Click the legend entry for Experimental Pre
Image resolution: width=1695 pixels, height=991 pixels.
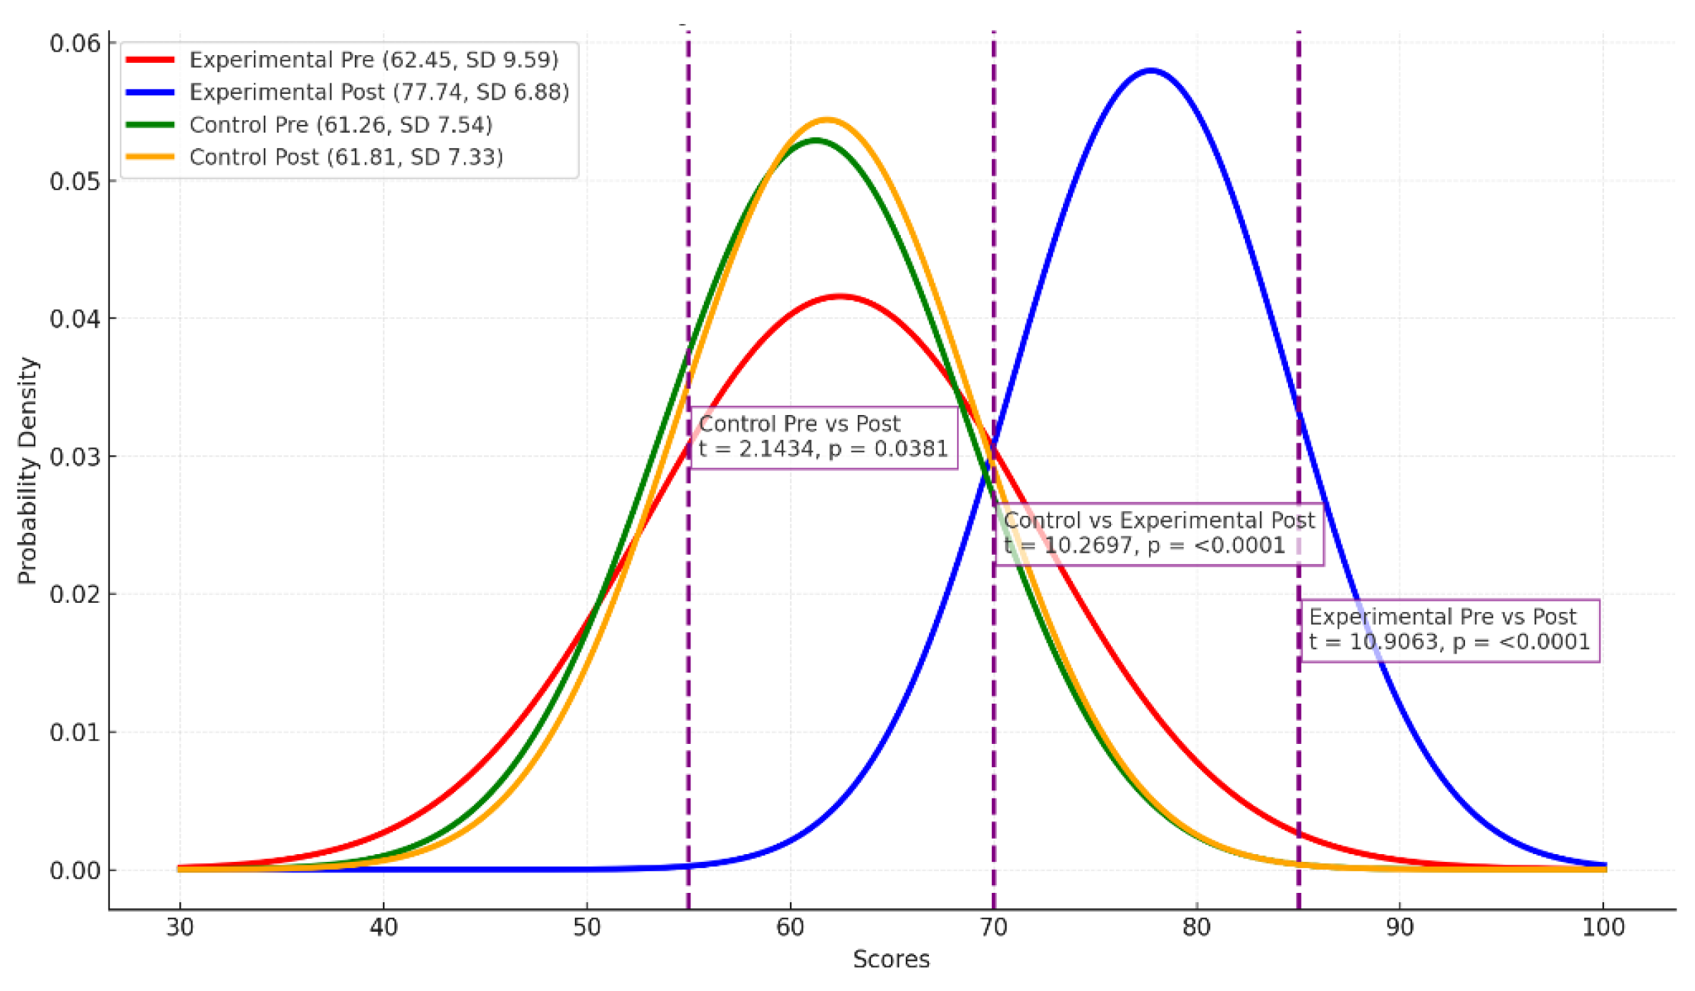point(373,60)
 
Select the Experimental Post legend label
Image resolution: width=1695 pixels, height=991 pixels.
point(379,92)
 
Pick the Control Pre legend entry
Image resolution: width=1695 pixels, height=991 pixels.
point(341,125)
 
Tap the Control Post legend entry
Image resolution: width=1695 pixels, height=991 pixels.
point(346,157)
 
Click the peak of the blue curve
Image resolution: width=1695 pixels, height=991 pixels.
point(1151,71)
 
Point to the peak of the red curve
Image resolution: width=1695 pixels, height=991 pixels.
point(840,296)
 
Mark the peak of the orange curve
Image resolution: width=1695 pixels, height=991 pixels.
point(827,120)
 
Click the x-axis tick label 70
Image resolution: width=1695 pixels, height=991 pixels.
point(993,927)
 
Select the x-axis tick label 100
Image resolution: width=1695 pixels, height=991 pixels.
point(1603,927)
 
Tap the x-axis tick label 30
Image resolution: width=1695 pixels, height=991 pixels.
point(180,927)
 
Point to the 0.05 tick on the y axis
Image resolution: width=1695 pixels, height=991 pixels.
point(75,181)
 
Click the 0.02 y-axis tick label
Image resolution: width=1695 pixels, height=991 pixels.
point(75,594)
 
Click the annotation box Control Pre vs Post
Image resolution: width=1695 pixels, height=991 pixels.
point(823,437)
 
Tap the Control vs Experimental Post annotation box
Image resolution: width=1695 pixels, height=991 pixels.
point(1159,534)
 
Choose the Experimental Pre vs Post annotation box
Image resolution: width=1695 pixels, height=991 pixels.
point(1450,630)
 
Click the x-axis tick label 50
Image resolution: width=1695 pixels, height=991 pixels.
point(586,927)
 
